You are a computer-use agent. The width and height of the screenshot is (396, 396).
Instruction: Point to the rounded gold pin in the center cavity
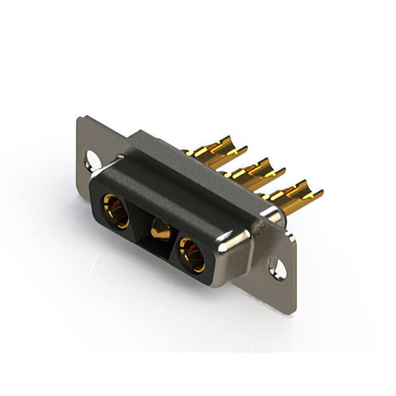(161, 230)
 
